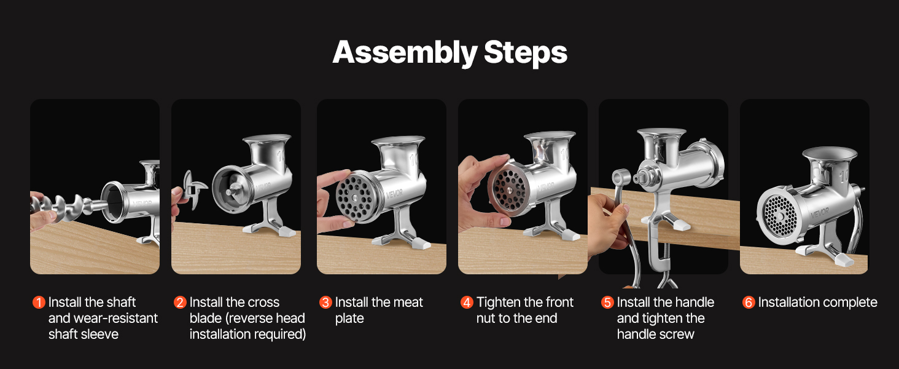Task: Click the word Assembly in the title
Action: click(x=405, y=54)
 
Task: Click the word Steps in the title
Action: click(x=526, y=53)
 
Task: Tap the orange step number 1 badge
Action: click(x=39, y=303)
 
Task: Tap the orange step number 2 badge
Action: click(x=180, y=303)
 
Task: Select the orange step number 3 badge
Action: click(x=325, y=303)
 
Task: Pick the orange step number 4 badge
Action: click(x=467, y=303)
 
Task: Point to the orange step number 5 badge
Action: click(x=607, y=303)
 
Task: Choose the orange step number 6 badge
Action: click(x=749, y=303)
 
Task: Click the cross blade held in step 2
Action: click(x=193, y=189)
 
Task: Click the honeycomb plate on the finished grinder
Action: click(x=778, y=216)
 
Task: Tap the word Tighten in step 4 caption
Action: click(x=499, y=303)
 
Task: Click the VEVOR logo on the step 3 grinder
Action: click(x=394, y=194)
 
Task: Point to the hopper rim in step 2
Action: click(x=267, y=138)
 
